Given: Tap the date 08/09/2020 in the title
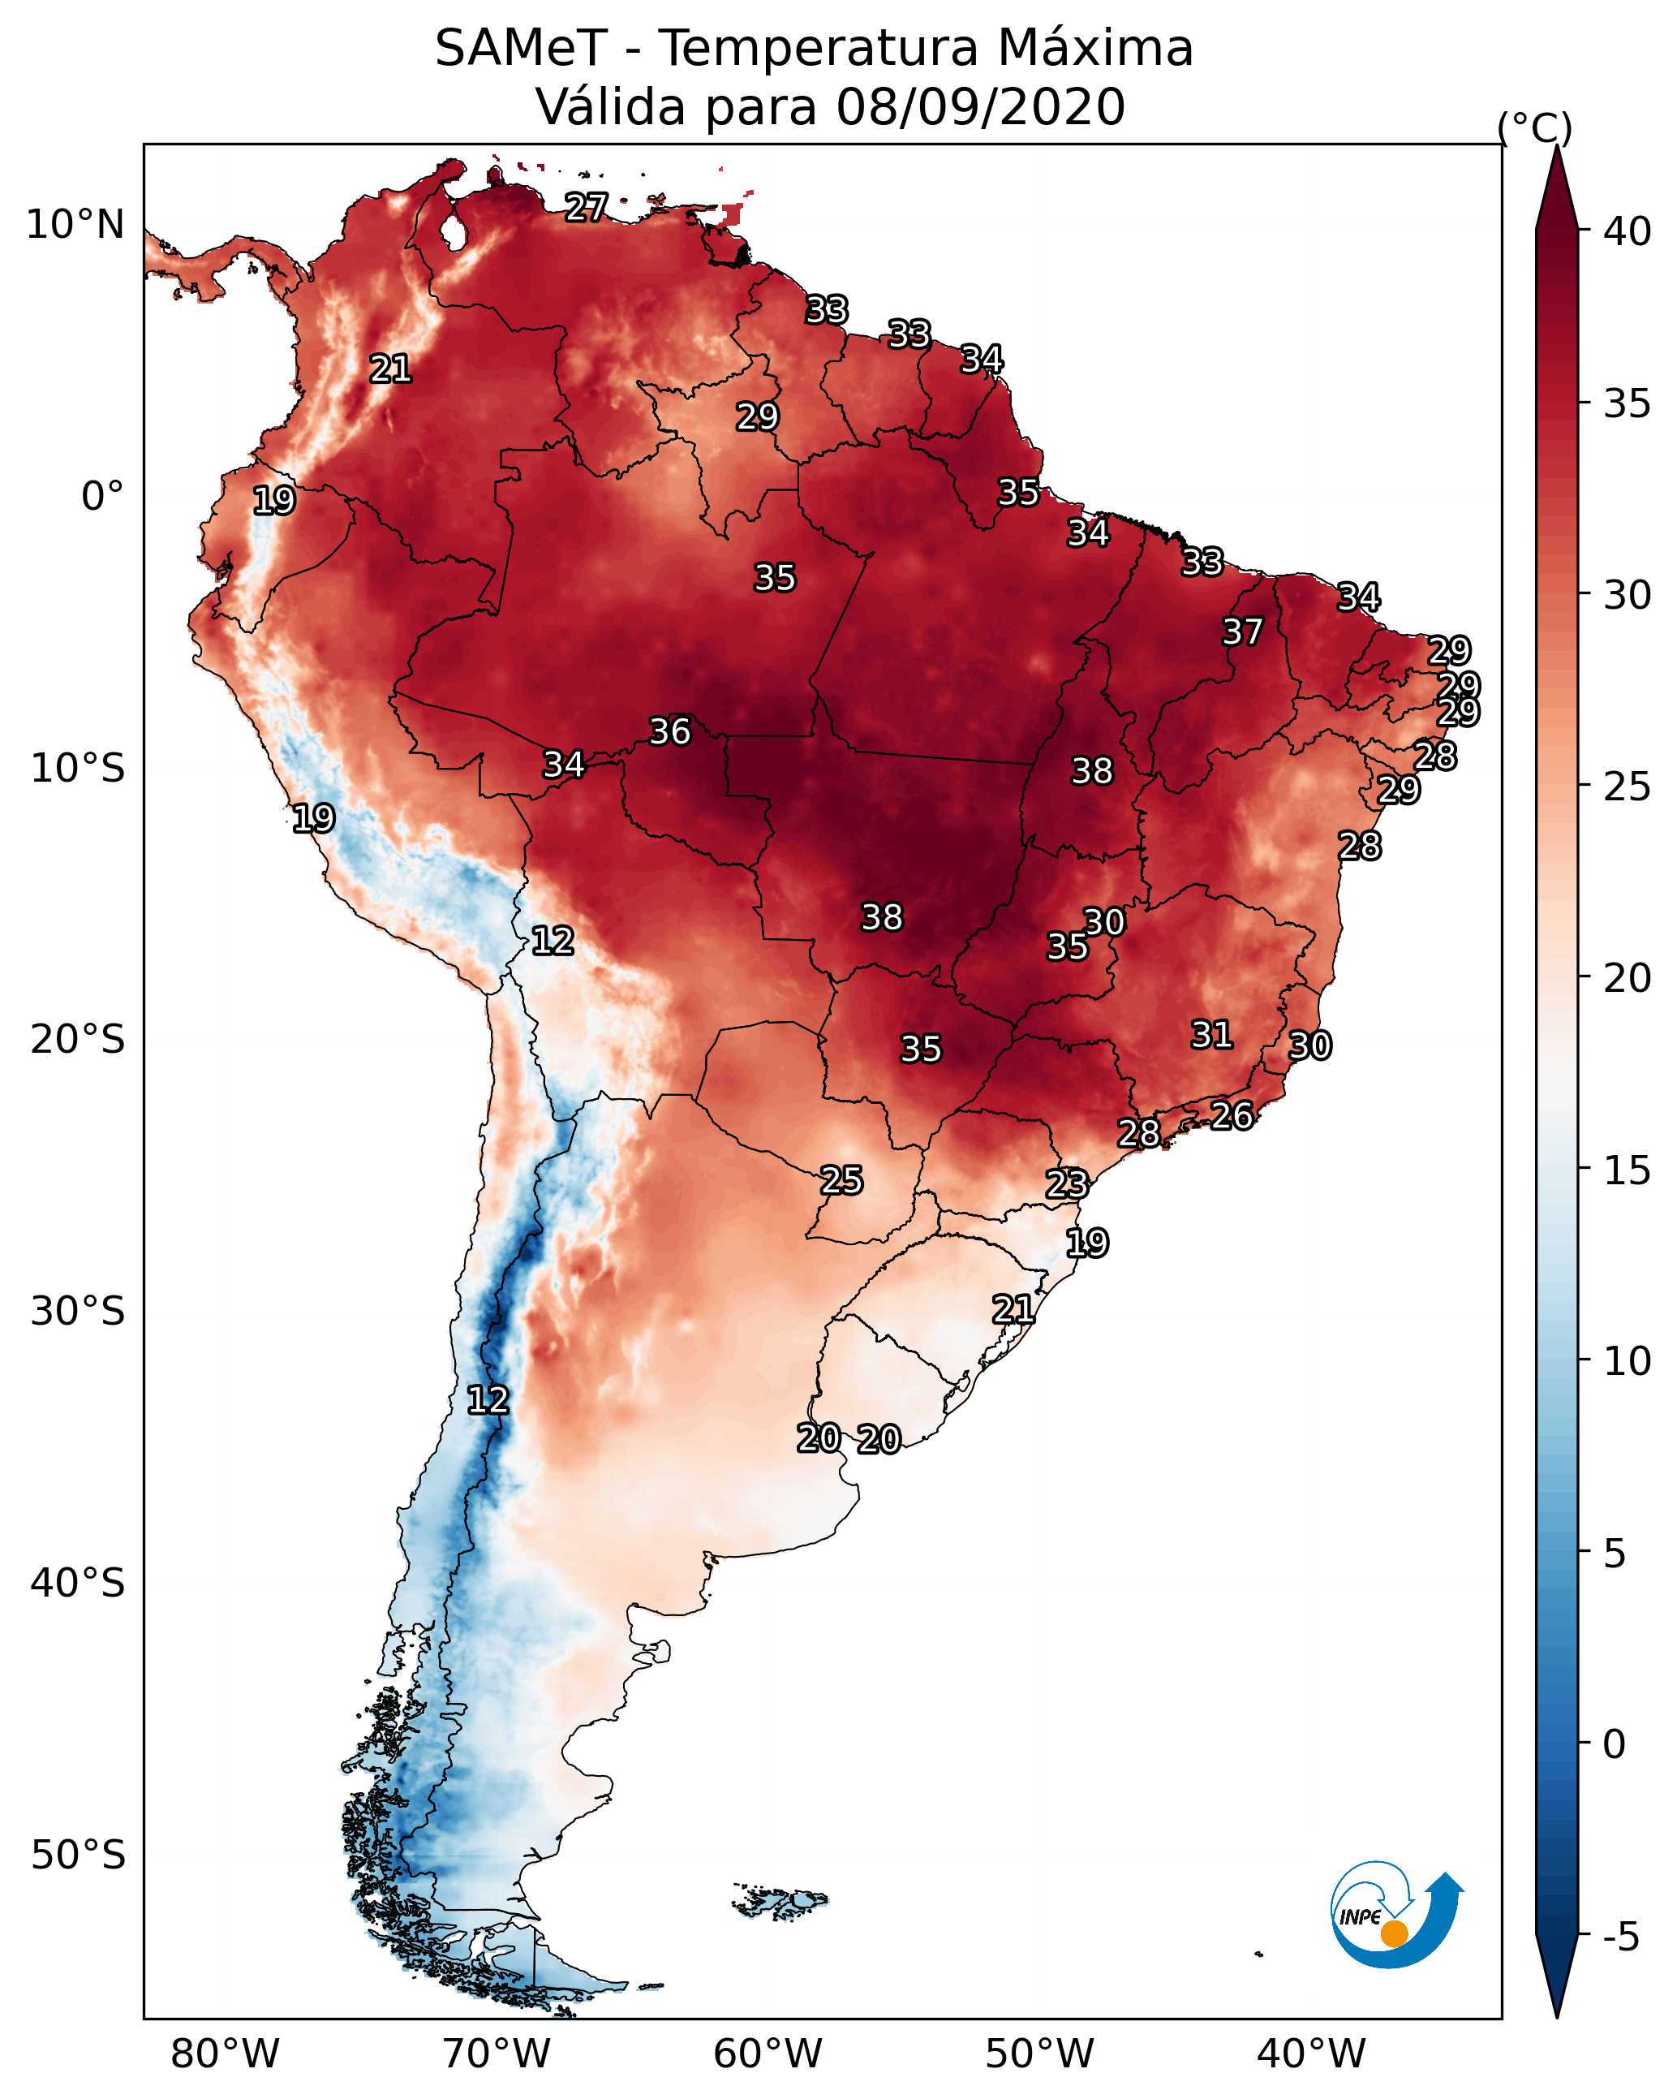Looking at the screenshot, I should pyautogui.click(x=980, y=107).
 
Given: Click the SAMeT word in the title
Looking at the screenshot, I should pyautogui.click(x=521, y=49).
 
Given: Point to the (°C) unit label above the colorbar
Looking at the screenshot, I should pyautogui.click(x=1535, y=127).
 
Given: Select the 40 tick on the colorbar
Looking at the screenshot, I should pyautogui.click(x=1628, y=231).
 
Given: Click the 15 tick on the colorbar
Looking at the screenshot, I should pyautogui.click(x=1628, y=1170).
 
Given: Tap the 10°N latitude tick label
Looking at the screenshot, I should pyautogui.click(x=75, y=225).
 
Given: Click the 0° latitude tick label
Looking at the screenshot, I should pyautogui.click(x=102, y=497).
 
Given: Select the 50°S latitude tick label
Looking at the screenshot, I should pyautogui.click(x=78, y=1855).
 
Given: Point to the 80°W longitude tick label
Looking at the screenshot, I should pyautogui.click(x=225, y=2054).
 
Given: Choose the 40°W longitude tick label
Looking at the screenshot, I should pyautogui.click(x=1311, y=2054).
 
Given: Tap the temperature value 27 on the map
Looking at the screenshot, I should pyautogui.click(x=587, y=207).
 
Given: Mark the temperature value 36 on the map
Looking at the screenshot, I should pyautogui.click(x=669, y=731).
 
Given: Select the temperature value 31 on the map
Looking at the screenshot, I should pyautogui.click(x=1212, y=1035).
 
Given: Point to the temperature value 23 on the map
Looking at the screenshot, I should pyautogui.click(x=1067, y=1184).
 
